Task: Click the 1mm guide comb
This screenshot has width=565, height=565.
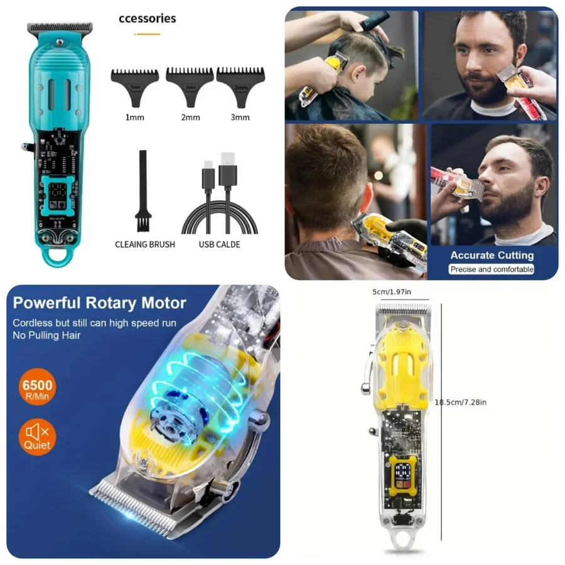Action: [x=135, y=85]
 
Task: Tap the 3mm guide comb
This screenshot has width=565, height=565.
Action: [x=241, y=85]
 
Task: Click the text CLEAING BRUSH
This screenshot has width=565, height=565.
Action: [x=145, y=244]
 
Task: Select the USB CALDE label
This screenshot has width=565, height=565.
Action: [x=219, y=244]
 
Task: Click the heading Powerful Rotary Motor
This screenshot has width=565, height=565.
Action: [x=99, y=303]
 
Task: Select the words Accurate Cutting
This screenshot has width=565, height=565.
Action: [x=492, y=256]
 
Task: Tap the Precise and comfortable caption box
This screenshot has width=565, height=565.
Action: [x=492, y=269]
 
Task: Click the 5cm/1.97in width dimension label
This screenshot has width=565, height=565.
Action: [x=392, y=292]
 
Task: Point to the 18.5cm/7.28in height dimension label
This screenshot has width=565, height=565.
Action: [x=461, y=402]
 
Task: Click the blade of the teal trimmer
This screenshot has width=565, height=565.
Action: [x=60, y=28]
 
